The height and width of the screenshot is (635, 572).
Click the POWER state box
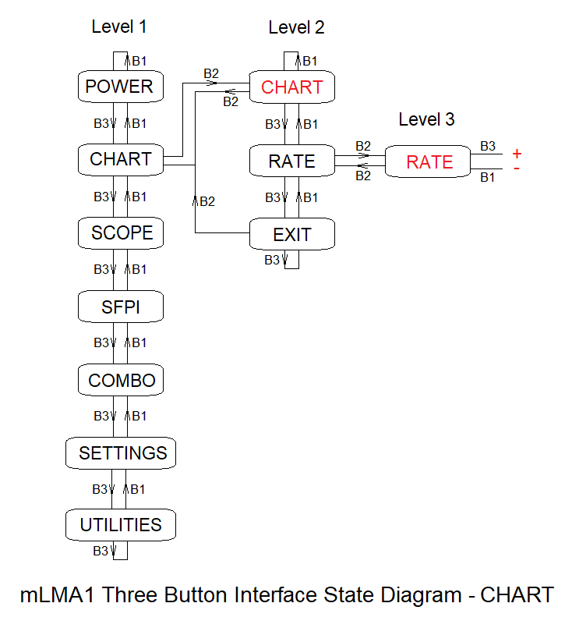(x=120, y=87)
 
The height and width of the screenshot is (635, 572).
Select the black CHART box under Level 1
(x=120, y=160)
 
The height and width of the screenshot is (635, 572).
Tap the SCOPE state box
(x=121, y=233)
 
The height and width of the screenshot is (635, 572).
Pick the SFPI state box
(x=121, y=307)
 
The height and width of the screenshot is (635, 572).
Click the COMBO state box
(x=121, y=381)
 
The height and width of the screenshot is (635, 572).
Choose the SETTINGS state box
(x=122, y=453)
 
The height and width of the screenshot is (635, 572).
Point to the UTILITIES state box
(x=121, y=525)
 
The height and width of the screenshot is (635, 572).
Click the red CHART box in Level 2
(x=291, y=87)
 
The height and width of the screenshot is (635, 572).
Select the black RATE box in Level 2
(x=291, y=161)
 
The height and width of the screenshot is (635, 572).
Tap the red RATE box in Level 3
(x=429, y=161)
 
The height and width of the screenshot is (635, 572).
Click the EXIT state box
(x=291, y=235)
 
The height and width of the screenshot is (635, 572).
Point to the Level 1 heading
(x=118, y=27)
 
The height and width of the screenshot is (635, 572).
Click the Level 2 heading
(x=296, y=27)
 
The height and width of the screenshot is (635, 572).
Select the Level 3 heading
(x=426, y=119)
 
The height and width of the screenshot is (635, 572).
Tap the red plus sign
(x=517, y=154)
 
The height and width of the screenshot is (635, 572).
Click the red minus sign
(x=517, y=169)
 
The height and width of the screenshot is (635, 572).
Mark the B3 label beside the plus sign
(x=488, y=146)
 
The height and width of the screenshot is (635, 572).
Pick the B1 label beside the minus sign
(x=488, y=178)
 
